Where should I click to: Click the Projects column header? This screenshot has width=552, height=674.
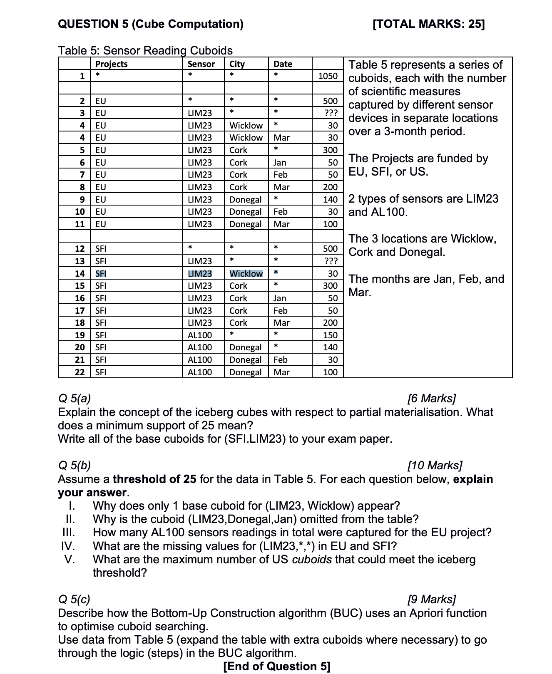pyautogui.click(x=111, y=64)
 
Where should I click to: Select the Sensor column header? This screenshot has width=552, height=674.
pyautogui.click(x=201, y=64)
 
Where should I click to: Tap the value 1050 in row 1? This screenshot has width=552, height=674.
pyautogui.click(x=328, y=76)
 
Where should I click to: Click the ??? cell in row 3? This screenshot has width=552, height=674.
pyautogui.click(x=331, y=113)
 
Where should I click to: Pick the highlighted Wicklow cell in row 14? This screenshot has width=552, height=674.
pyautogui.click(x=246, y=274)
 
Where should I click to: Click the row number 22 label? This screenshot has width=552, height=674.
pyautogui.click(x=80, y=372)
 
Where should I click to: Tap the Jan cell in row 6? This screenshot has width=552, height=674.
pyautogui.click(x=280, y=163)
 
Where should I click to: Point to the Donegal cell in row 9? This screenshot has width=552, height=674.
pyautogui.click(x=246, y=200)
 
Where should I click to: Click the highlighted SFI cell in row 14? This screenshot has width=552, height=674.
pyautogui.click(x=101, y=274)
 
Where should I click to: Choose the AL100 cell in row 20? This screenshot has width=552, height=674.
pyautogui.click(x=200, y=347)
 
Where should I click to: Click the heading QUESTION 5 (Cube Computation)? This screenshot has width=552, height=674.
pyautogui.click(x=151, y=24)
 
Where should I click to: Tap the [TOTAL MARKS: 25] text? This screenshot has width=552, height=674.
pyautogui.click(x=429, y=24)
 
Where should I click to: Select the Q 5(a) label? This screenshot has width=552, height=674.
pyautogui.click(x=75, y=399)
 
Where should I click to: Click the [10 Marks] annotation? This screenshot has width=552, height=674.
pyautogui.click(x=435, y=466)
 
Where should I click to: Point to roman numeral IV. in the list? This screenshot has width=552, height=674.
pyautogui.click(x=68, y=546)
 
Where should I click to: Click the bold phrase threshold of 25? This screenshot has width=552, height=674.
pyautogui.click(x=154, y=479)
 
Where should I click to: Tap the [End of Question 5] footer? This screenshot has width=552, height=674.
pyautogui.click(x=277, y=667)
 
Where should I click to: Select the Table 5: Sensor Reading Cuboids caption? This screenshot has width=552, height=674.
pyautogui.click(x=145, y=51)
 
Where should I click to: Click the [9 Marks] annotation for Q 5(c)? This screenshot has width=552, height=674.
pyautogui.click(x=432, y=600)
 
